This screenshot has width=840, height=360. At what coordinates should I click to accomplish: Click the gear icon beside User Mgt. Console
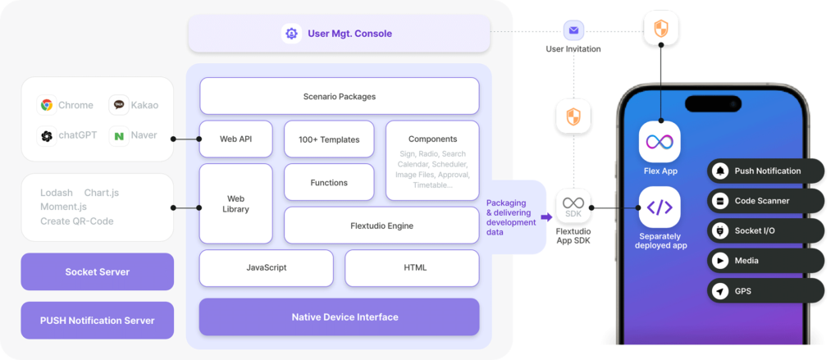[291, 34]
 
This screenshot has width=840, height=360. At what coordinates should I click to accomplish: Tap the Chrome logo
[47, 105]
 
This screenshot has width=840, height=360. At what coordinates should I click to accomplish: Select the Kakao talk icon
[120, 105]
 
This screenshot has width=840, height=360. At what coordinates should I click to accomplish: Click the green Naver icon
[120, 136]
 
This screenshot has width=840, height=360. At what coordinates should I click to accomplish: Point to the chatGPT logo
[47, 136]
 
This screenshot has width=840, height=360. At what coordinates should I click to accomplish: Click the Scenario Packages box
[339, 96]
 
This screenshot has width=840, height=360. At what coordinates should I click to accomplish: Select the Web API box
[235, 139]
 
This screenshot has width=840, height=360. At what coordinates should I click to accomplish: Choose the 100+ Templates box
[328, 139]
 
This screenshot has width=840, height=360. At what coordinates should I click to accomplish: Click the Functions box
[328, 182]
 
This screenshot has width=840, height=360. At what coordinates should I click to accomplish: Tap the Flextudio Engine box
[381, 226]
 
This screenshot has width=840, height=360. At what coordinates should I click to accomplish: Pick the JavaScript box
[266, 267]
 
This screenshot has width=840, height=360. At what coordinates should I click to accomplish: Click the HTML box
[411, 267]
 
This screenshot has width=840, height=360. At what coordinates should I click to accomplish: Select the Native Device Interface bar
[339, 317]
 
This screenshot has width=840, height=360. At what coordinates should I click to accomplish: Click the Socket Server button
[97, 272]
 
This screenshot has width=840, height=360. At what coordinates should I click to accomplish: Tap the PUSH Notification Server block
[97, 320]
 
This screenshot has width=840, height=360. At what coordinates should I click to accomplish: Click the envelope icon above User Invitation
[573, 30]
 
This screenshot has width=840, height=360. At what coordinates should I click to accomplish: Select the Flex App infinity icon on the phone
[660, 142]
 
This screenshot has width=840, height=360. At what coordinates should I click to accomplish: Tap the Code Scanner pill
[765, 201]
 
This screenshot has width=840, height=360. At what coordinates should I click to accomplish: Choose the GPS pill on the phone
[765, 291]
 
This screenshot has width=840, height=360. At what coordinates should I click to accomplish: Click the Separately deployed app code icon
[660, 207]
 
